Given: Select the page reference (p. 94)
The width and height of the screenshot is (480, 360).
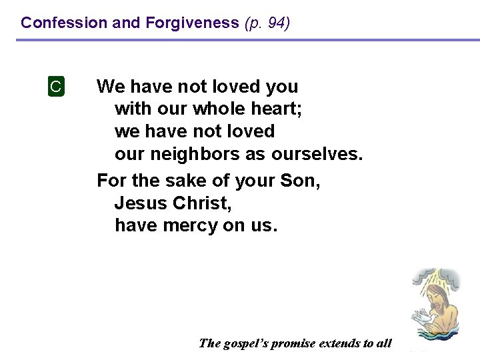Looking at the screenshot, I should [x=267, y=23].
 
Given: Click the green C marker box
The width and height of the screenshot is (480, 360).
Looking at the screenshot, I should [x=56, y=87].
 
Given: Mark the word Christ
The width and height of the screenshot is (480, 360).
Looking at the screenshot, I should [x=201, y=203].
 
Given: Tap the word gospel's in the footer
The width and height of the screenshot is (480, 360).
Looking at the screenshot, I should [x=247, y=344].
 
